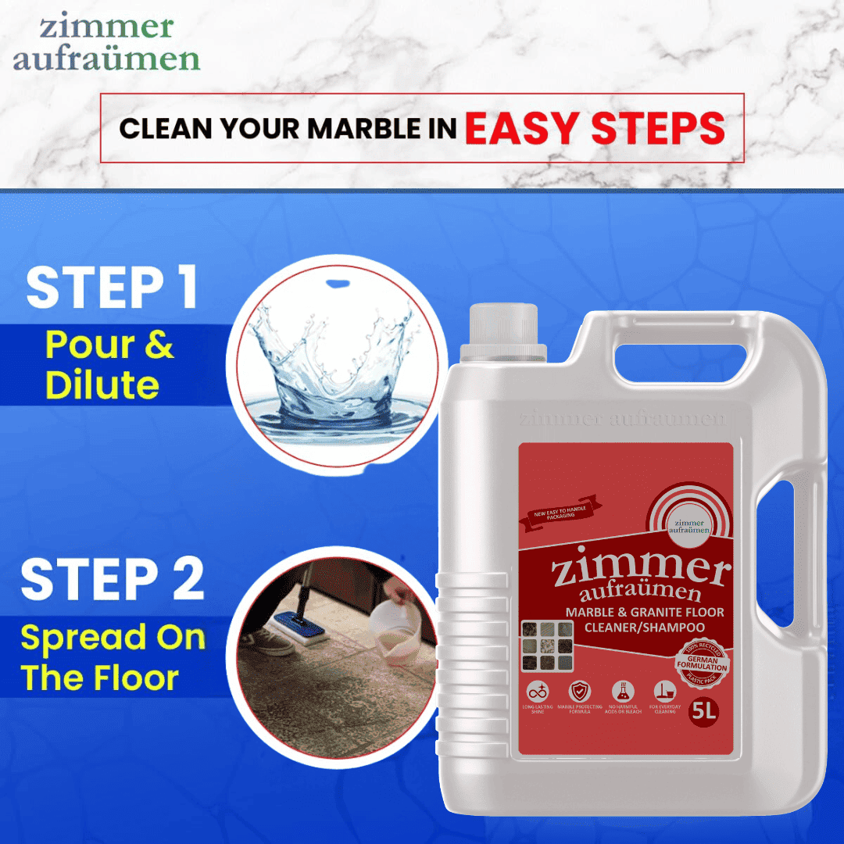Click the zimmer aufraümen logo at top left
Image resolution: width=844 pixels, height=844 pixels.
point(106,43)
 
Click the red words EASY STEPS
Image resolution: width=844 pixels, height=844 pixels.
point(595,128)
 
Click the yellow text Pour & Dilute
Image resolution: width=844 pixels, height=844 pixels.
point(109,365)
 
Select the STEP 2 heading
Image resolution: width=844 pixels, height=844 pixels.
point(113,579)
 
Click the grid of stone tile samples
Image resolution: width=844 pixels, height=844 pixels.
point(547,646)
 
